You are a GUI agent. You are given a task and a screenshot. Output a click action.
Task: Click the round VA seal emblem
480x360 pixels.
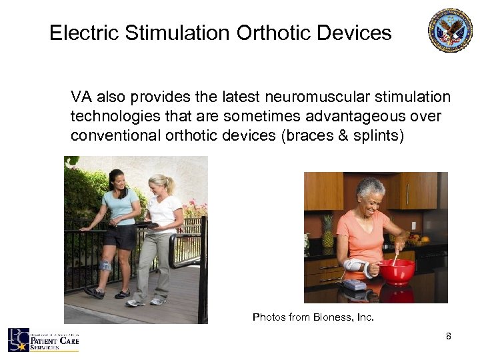click(x=450, y=30)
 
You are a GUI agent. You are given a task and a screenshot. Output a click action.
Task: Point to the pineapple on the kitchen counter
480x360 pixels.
click(x=327, y=231)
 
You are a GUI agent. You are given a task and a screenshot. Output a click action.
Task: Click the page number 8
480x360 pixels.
click(x=449, y=336)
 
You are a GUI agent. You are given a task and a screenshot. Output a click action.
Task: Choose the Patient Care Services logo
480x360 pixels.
click(x=43, y=341)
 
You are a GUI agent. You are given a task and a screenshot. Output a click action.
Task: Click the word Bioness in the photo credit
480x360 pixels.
click(x=331, y=317)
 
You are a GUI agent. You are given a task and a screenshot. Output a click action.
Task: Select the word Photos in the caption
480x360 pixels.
click(x=268, y=317)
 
